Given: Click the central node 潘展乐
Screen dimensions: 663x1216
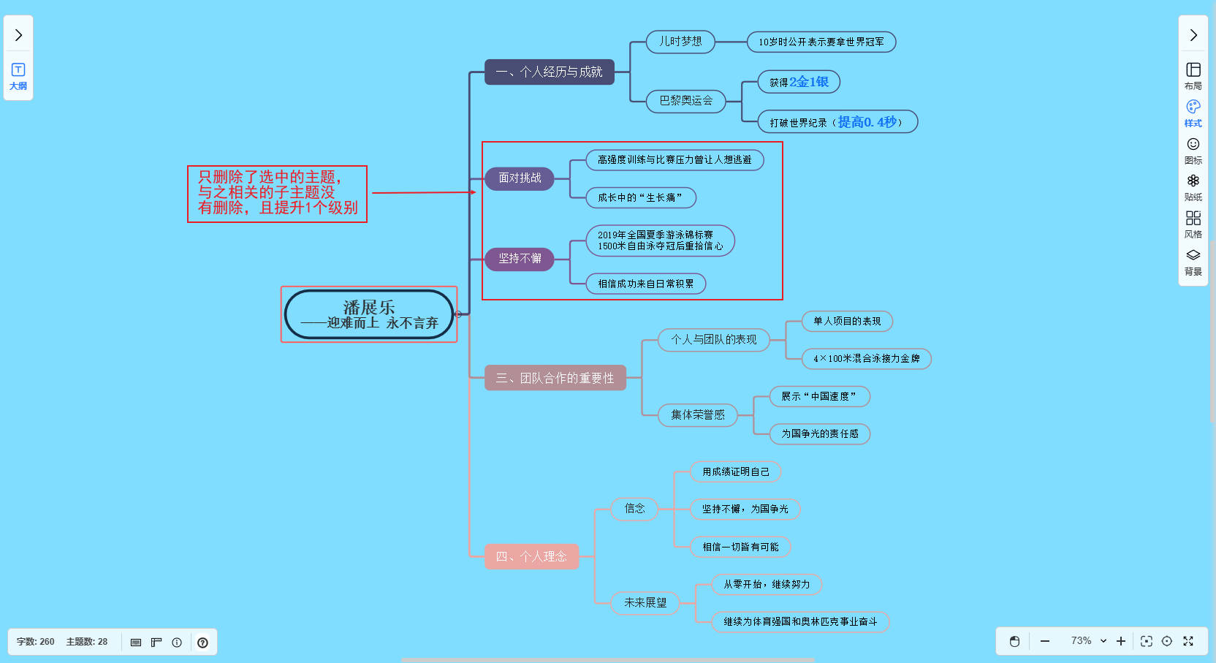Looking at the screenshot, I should coord(369,314).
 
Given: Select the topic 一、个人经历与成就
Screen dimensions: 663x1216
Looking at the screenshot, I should coord(549,72).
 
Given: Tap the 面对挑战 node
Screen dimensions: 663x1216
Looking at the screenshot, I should coord(520,178).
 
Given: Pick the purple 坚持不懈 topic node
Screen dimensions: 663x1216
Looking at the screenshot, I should coord(520,259).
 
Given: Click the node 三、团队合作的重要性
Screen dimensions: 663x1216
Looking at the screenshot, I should coord(555,378).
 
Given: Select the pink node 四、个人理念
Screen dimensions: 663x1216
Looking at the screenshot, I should coord(531,556).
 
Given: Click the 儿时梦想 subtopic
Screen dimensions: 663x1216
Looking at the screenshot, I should coord(680,42).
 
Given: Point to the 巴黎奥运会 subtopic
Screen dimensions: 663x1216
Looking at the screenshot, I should coord(685,101).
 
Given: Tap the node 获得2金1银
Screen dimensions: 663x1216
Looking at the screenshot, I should coord(799,82).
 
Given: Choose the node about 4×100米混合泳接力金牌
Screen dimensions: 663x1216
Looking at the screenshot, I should coord(866,359).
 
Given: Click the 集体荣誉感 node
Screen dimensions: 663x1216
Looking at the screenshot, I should coord(698,415).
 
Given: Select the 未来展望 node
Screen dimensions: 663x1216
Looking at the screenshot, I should coord(645,603).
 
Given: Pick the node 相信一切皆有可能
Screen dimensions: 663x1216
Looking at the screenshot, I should coord(740,547).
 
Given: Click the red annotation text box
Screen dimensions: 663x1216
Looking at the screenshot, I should coord(278,193).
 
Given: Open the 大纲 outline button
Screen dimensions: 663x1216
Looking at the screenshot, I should coord(18,76).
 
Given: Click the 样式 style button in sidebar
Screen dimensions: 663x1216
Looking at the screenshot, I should coord(1193,113).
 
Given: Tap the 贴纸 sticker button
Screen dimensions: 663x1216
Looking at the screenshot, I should coord(1193,187).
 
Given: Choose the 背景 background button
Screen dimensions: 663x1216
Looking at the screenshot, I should coord(1193,262).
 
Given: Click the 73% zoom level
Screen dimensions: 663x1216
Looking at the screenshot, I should coord(1082,641).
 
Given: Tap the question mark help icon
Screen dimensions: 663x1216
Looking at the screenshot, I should coord(202,643).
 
